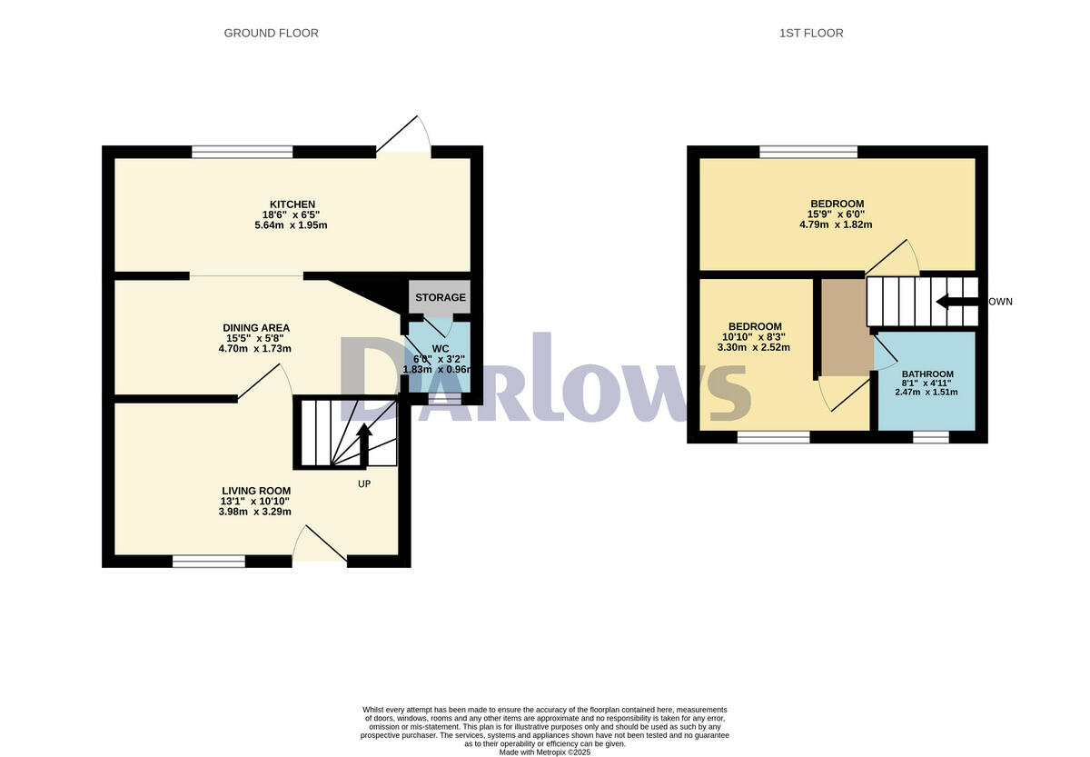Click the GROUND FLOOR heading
tap(271, 34)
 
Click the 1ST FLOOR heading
tap(811, 34)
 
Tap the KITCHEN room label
tap(292, 204)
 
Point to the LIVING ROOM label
tap(256, 491)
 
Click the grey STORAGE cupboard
tap(441, 297)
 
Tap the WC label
tap(441, 348)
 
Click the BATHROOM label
tap(927, 374)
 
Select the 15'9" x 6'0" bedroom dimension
tap(837, 214)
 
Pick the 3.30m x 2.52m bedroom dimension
tap(754, 347)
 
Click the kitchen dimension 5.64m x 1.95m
tap(292, 224)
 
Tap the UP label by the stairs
tap(363, 483)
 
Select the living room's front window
tap(209, 562)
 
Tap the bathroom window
tap(930, 438)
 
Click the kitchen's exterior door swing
tap(404, 136)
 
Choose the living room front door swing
tap(320, 545)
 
